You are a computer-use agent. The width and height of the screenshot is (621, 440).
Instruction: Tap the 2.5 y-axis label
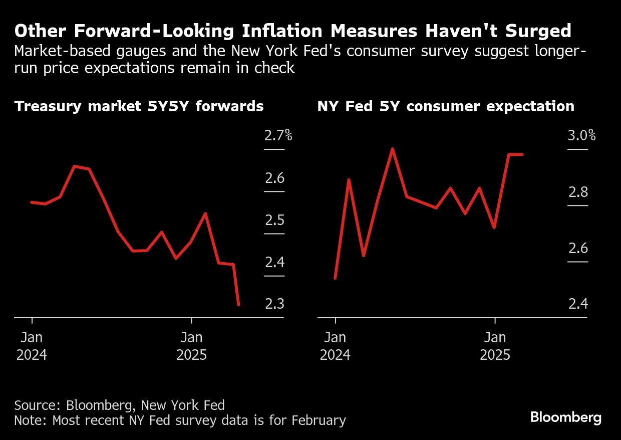pos(274,221)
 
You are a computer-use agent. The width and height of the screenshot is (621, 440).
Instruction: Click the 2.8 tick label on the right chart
pos(577,192)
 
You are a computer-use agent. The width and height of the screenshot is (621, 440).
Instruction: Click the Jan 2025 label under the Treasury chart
pos(191,346)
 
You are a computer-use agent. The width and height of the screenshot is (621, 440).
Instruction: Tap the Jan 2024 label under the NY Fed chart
pos(335,346)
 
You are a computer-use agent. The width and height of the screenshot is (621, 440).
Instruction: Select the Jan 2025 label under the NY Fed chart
pos(495,346)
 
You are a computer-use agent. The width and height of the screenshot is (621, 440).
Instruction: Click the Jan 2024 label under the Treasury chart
pos(32,346)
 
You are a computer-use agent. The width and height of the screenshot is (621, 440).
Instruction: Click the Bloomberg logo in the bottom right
pos(566,417)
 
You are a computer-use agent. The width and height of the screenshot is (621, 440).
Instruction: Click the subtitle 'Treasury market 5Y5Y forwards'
pos(139,107)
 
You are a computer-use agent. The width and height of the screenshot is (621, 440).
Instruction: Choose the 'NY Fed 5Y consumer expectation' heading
pos(446,107)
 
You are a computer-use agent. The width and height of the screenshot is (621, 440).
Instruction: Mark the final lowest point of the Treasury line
pos(238,305)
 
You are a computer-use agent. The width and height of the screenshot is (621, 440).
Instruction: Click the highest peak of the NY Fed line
pos(393,149)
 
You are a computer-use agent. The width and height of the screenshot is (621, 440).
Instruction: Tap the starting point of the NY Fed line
pos(335,278)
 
